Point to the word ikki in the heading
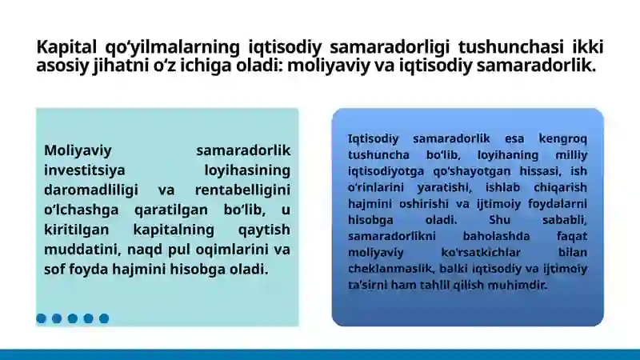588,46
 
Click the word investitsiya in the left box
83,170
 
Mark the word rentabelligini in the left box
242,190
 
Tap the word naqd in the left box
164,250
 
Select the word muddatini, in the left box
81,250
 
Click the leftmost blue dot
41,318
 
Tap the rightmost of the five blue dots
103,318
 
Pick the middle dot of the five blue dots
72,318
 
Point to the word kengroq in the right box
562,138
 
